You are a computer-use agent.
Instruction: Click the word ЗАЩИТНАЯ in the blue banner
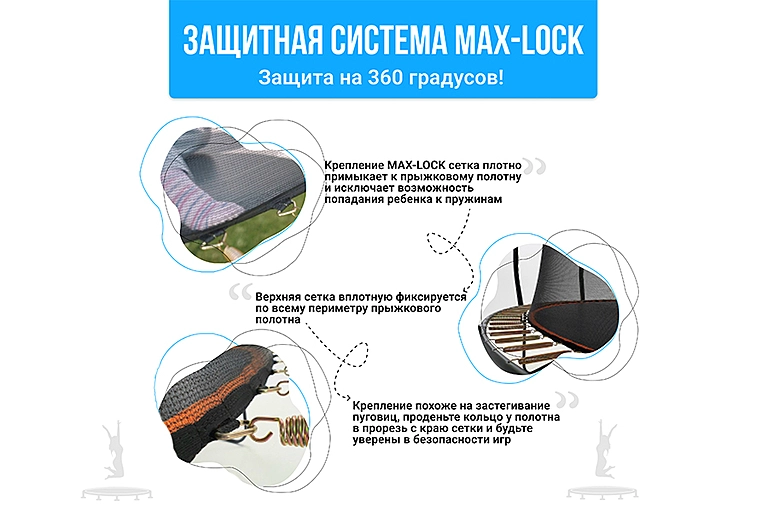tap(253, 40)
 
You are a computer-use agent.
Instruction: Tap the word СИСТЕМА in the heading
tap(388, 40)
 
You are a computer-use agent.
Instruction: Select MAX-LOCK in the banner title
tap(519, 40)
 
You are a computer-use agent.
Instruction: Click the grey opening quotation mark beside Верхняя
tap(240, 292)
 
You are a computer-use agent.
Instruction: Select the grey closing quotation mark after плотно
tap(534, 166)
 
